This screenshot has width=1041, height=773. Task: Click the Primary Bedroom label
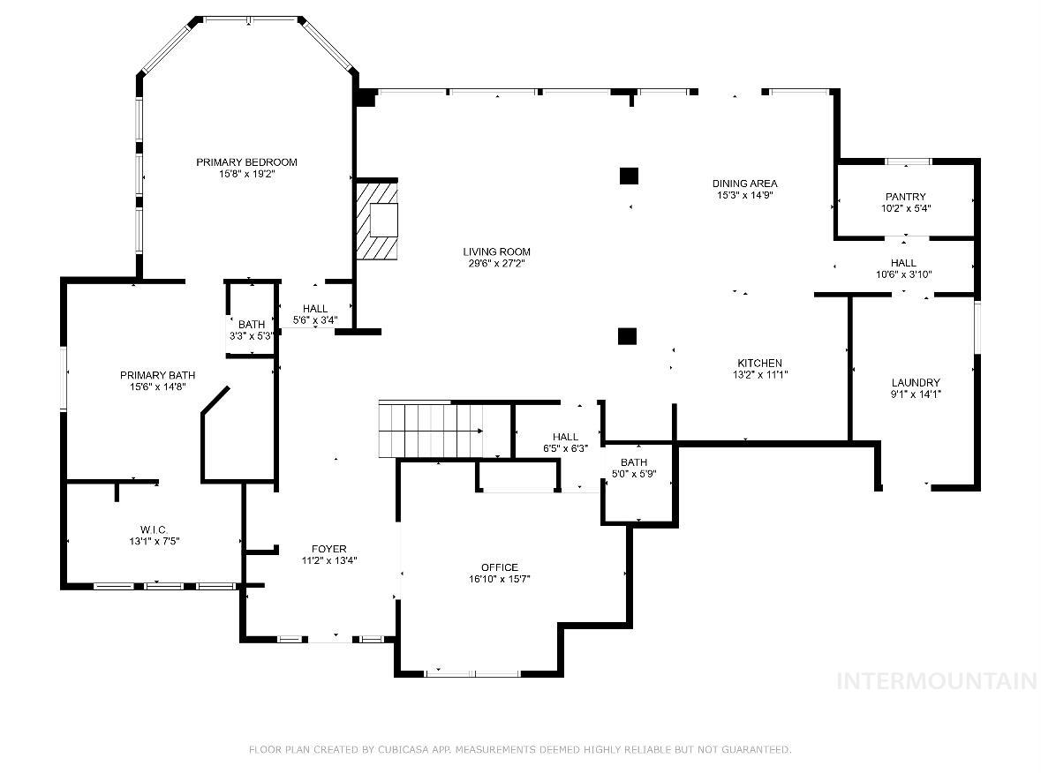pos(246,161)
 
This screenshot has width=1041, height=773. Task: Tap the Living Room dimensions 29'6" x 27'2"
pos(496,264)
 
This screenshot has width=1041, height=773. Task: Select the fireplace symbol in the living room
pos(377,221)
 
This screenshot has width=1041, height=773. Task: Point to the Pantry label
pos(906,197)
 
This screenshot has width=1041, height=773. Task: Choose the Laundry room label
pos(916,382)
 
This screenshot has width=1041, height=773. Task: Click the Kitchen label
pos(759,363)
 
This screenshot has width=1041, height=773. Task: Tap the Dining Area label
pos(745,184)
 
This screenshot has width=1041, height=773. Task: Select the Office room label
pos(499,567)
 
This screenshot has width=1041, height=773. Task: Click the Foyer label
pos(329,549)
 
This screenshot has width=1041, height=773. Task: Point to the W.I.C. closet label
pos(154,529)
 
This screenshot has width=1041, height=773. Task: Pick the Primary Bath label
pos(157,375)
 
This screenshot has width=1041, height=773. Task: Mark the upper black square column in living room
pos(629,176)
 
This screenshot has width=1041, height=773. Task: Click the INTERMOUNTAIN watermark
pos(937,680)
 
